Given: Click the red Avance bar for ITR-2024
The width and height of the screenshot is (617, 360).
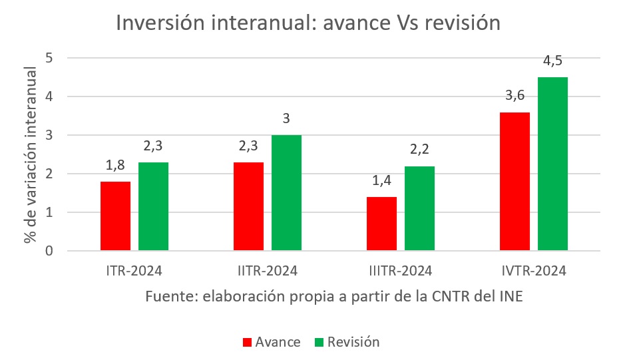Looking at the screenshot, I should click(x=115, y=216).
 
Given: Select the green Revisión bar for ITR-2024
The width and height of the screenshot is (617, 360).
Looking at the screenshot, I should click(x=153, y=206).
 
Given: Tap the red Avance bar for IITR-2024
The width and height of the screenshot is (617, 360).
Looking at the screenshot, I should click(x=248, y=206).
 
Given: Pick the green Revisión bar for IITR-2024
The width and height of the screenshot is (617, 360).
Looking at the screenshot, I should click(x=286, y=193).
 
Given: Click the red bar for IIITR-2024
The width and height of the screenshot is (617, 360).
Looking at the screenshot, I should click(x=381, y=224).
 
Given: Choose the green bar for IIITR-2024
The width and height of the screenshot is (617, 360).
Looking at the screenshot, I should click(x=419, y=208).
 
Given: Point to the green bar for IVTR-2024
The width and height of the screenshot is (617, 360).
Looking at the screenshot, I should click(x=552, y=164).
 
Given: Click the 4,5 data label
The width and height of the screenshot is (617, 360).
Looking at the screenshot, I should click(x=552, y=61).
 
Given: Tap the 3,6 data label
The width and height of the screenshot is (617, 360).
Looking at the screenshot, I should click(x=514, y=96).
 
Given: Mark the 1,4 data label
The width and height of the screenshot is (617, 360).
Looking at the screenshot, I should click(x=381, y=180).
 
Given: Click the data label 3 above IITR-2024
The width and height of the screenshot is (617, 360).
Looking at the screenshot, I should click(x=286, y=118).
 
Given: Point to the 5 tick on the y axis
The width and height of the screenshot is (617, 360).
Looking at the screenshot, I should click(x=49, y=58).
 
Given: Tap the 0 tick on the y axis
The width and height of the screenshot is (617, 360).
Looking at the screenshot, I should click(x=49, y=251).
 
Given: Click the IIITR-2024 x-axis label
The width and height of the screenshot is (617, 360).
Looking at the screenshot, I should click(x=400, y=271).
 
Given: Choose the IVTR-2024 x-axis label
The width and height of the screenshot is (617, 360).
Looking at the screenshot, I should click(x=533, y=271).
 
